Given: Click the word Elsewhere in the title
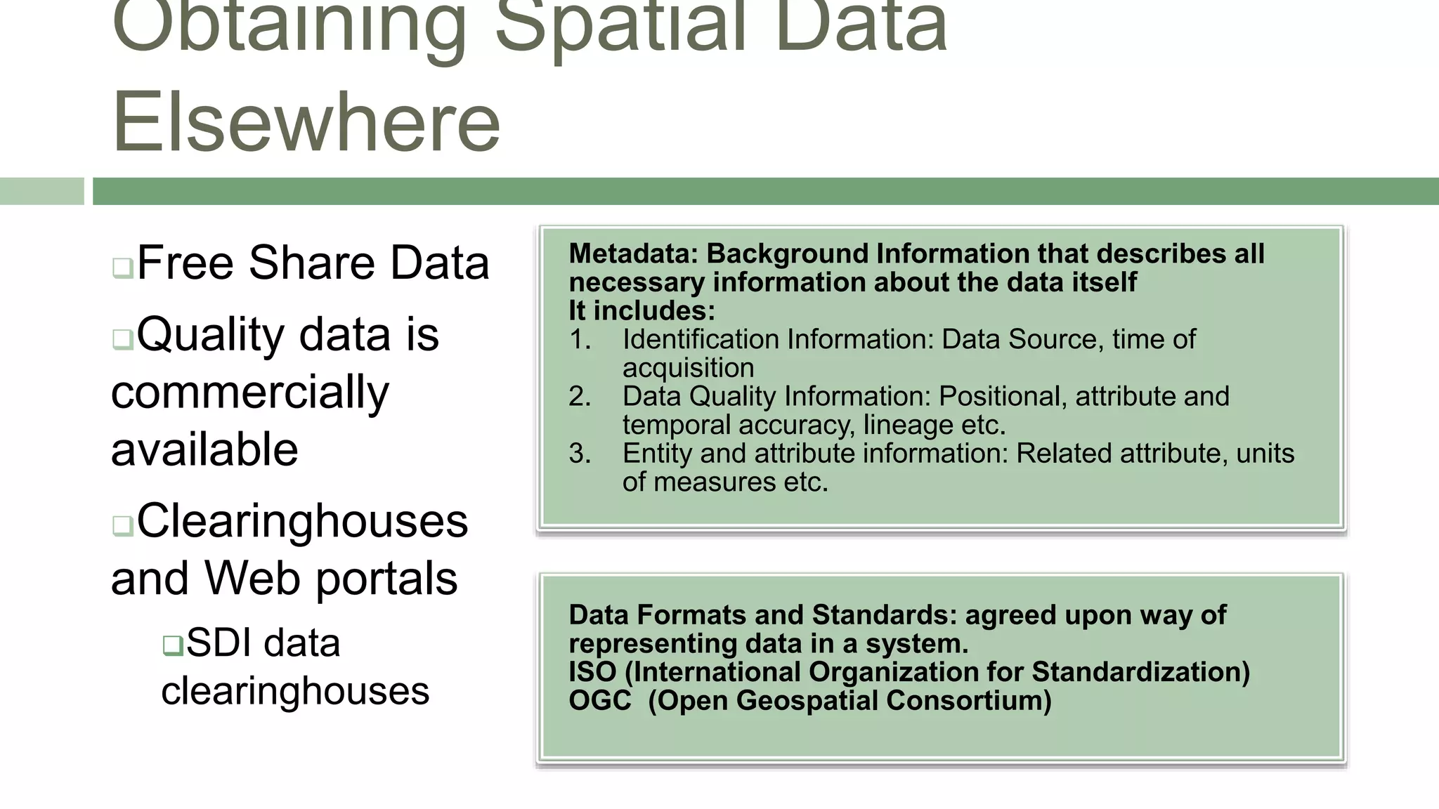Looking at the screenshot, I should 306,122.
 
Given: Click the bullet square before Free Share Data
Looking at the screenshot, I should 122,268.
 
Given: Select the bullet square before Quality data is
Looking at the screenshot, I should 122,340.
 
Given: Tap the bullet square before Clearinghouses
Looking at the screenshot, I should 122,526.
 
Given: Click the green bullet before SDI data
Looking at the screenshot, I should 172,645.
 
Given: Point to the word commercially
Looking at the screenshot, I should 249,392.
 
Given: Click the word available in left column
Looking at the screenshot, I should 204,449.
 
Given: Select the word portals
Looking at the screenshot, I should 386,579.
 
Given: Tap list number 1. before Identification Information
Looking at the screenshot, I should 580,340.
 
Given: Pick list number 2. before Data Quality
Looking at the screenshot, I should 580,397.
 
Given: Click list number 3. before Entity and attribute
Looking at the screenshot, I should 580,454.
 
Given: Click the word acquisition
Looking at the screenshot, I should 688,368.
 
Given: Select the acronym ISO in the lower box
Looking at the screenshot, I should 592,672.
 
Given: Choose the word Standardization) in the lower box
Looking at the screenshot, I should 1140,672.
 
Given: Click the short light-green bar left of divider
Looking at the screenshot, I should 41,191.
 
